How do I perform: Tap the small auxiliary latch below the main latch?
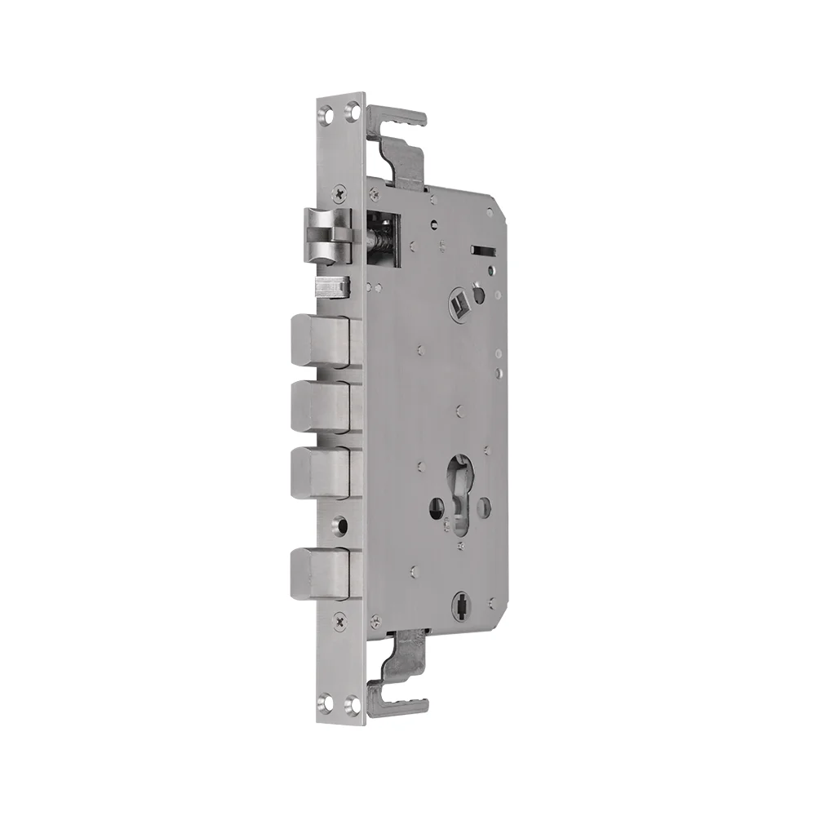[332, 287]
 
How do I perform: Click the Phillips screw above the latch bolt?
[340, 193]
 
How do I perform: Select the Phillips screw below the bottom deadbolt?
[340, 622]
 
